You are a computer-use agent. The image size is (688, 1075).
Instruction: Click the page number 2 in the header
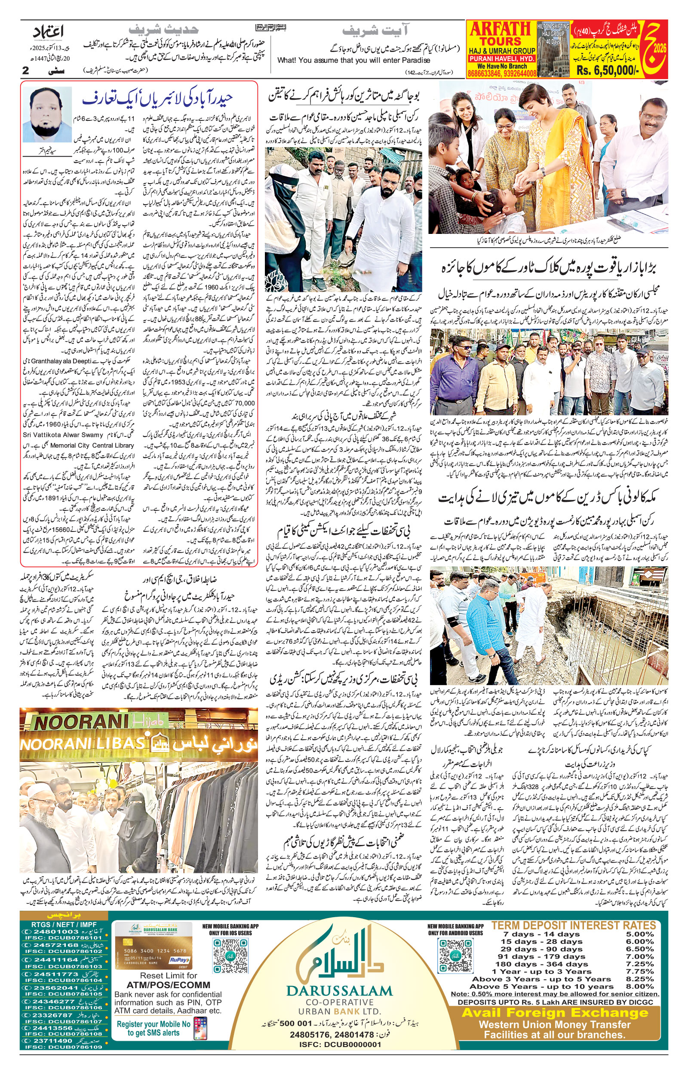click(x=26, y=70)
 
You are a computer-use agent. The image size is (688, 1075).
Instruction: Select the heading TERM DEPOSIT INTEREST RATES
click(x=574, y=925)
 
